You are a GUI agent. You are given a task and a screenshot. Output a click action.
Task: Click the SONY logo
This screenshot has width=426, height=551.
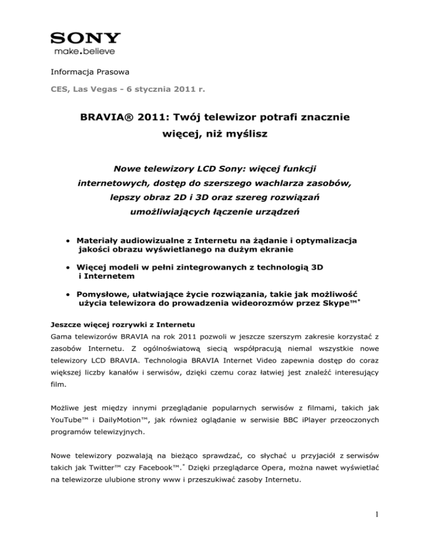coord(85,38)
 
